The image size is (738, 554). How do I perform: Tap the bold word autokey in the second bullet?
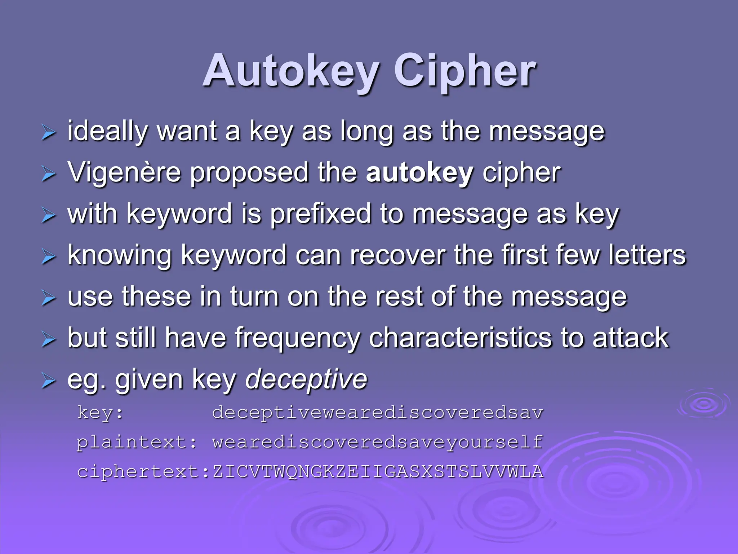pyautogui.click(x=419, y=172)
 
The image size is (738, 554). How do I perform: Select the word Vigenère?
pyautogui.click(x=124, y=172)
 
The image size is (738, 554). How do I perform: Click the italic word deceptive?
pyautogui.click(x=306, y=379)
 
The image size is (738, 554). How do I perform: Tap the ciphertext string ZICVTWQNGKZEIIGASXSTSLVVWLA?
pyautogui.click(x=378, y=472)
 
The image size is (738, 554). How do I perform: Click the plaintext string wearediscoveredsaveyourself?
pyautogui.click(x=378, y=442)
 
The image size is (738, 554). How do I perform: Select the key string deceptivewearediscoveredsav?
pyautogui.click(x=378, y=413)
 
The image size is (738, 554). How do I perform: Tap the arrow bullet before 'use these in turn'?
pyautogui.click(x=49, y=298)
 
